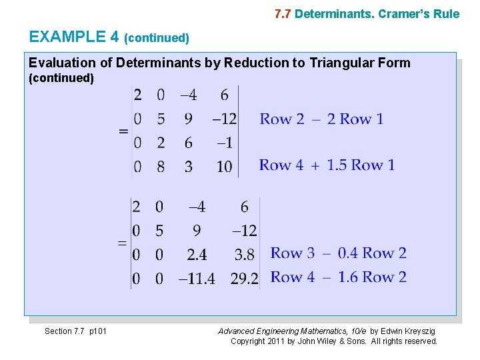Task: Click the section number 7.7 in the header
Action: (x=283, y=14)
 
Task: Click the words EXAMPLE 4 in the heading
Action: (x=74, y=37)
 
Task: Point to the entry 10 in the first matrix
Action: (x=224, y=166)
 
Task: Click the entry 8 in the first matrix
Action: (x=161, y=166)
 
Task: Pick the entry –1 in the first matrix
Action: (x=225, y=143)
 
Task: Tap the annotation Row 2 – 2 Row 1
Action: (x=321, y=119)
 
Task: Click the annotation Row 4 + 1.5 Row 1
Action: (x=327, y=165)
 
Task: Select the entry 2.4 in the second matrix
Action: (x=197, y=254)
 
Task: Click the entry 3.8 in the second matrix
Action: (x=245, y=254)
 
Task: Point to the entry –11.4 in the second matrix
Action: (x=197, y=278)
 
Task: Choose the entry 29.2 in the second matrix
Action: (x=245, y=278)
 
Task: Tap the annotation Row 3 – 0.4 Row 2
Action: (x=338, y=253)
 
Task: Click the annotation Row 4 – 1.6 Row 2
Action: (x=338, y=277)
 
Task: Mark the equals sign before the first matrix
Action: (x=123, y=131)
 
